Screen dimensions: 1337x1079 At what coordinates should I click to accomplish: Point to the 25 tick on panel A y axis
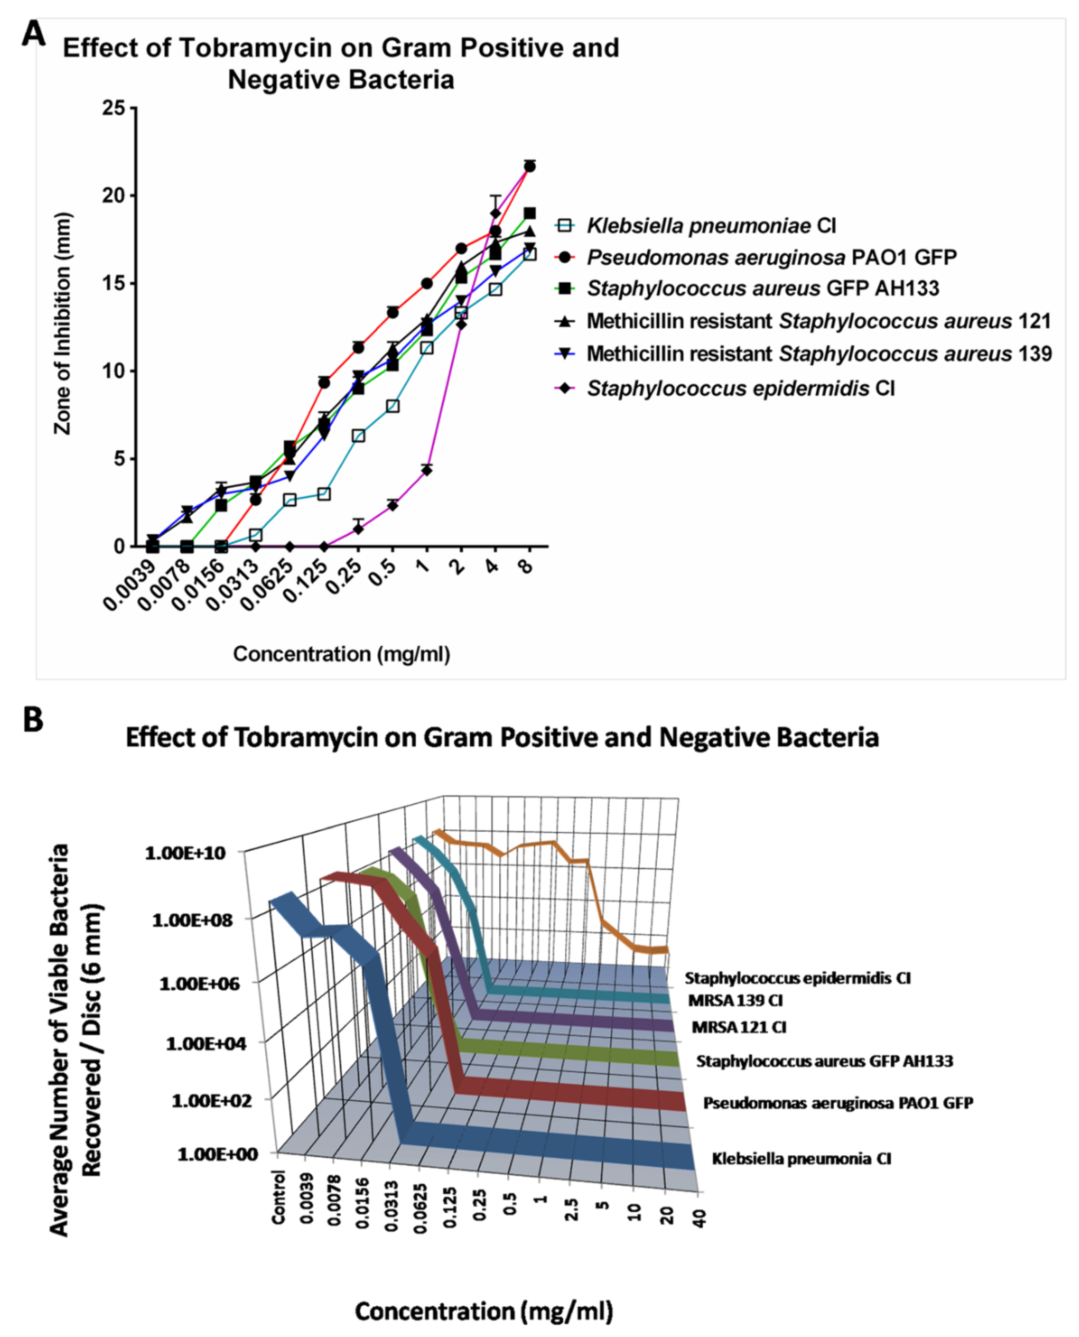coord(114,108)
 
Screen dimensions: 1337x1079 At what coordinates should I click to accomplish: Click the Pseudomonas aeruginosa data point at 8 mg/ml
coord(530,166)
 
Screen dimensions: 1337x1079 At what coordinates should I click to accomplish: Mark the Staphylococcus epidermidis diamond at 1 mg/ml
coord(426,471)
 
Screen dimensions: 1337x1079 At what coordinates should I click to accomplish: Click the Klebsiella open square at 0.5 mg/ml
coord(392,406)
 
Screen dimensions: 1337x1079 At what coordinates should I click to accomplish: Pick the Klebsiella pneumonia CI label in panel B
coord(801,1158)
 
